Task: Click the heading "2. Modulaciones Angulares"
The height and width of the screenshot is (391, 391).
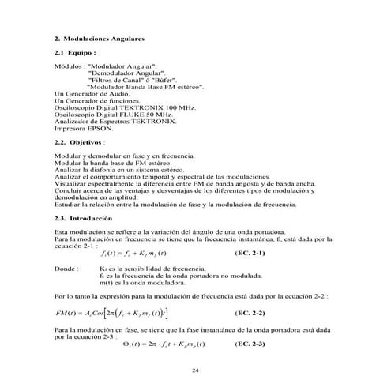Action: click(x=100, y=38)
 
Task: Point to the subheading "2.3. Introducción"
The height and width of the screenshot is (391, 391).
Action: click(x=84, y=217)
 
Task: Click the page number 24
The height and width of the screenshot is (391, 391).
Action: click(x=196, y=370)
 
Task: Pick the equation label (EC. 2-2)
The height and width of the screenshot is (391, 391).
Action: click(x=250, y=313)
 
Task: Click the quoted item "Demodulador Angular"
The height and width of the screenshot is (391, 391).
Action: click(x=120, y=72)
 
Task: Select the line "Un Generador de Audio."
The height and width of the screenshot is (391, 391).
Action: click(x=88, y=92)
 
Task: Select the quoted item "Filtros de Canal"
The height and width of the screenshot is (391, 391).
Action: click(x=117, y=79)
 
